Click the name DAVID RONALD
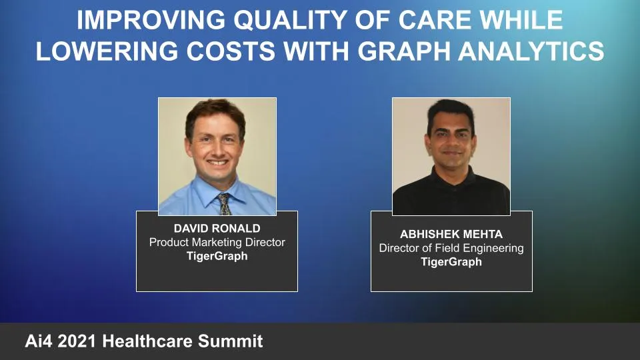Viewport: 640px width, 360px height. (x=217, y=228)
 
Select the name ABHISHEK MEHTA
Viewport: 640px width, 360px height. (x=451, y=234)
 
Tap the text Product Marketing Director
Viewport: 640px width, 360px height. (x=217, y=242)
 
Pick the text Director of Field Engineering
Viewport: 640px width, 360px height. (x=451, y=248)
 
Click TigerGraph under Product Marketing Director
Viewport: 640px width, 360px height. (x=217, y=256)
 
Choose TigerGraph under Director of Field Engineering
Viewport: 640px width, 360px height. (x=451, y=262)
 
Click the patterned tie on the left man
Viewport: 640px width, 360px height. (x=224, y=203)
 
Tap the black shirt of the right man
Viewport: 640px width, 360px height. (x=451, y=193)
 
